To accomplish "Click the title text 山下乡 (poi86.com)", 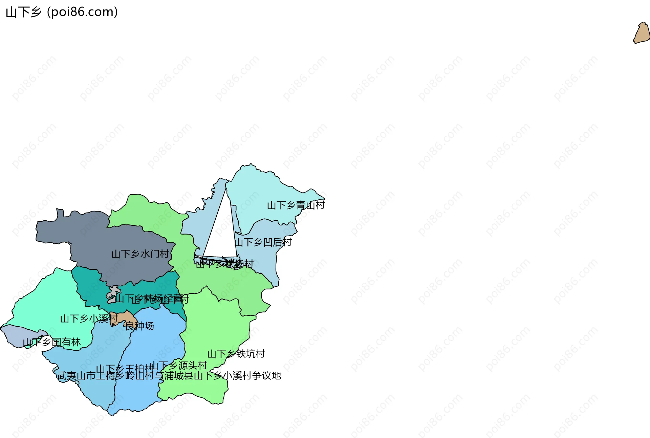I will (x=62, y=12).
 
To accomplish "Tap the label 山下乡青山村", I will (x=296, y=205).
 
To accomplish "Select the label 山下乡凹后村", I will (x=263, y=242).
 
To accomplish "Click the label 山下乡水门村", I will (x=140, y=254).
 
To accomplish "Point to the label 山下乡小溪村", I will (x=89, y=319).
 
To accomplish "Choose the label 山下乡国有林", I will (x=51, y=342).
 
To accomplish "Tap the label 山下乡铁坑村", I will (x=236, y=354).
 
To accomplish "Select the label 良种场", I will (x=139, y=326).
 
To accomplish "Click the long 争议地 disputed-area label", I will (x=169, y=376).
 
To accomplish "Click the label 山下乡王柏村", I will (x=124, y=369).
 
